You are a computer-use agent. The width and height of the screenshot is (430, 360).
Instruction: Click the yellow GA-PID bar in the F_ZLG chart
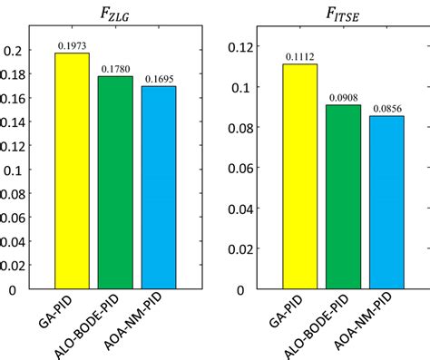[72, 172]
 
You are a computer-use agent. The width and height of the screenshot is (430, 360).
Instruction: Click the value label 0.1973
[72, 46]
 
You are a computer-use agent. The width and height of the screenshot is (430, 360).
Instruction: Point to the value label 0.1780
[115, 69]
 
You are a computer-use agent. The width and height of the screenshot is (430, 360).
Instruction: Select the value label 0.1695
[159, 79]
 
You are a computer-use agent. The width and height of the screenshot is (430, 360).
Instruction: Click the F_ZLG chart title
[115, 13]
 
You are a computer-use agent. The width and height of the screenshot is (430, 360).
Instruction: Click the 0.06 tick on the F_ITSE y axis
[233, 169]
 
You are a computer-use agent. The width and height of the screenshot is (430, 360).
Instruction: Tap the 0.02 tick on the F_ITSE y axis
[233, 249]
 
